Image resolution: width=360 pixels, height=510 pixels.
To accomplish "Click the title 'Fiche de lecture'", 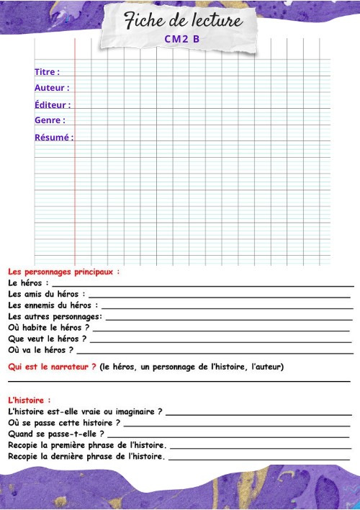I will click(183, 22).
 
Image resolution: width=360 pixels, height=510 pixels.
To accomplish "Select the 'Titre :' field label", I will click(47, 72).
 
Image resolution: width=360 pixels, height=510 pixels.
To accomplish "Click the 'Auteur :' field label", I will click(52, 88).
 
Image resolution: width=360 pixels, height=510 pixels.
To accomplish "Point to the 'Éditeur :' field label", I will click(53, 104).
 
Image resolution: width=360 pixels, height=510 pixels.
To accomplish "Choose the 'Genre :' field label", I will click(50, 120).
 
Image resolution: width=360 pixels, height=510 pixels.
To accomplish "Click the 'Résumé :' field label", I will click(54, 137).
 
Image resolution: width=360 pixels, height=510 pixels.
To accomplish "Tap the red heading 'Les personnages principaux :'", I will click(63, 272).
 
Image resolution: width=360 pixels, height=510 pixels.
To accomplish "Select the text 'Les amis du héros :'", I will click(47, 294).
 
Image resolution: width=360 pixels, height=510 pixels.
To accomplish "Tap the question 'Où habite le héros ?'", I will click(48, 328).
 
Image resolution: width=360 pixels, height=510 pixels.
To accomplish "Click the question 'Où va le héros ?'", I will click(40, 350).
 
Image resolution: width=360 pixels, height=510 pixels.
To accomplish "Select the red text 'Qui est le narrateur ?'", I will click(52, 367).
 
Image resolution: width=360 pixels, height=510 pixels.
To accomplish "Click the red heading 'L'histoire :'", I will click(30, 400).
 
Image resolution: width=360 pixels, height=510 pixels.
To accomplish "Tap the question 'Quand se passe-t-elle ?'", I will click(55, 434).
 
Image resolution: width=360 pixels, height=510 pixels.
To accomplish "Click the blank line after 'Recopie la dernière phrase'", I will click(259, 459).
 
